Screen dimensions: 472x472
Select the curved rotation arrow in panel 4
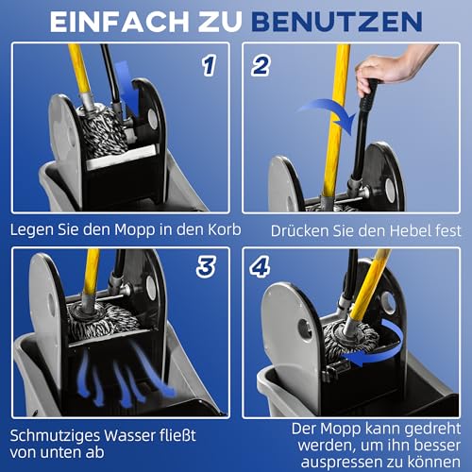coord(396,334)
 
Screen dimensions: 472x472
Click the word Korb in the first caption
coord(209,230)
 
